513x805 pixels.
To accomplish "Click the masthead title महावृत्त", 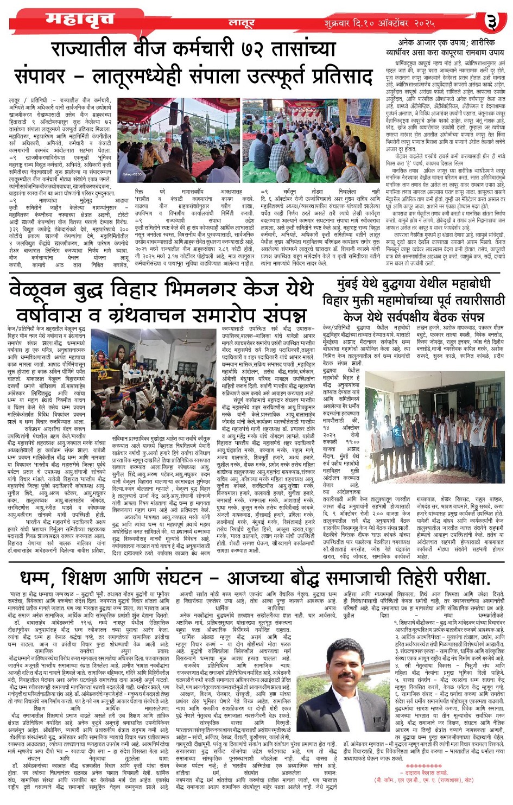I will click(x=80, y=20).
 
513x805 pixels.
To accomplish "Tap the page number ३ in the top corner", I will click(x=491, y=22).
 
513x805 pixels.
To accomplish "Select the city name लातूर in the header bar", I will click(x=242, y=23).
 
